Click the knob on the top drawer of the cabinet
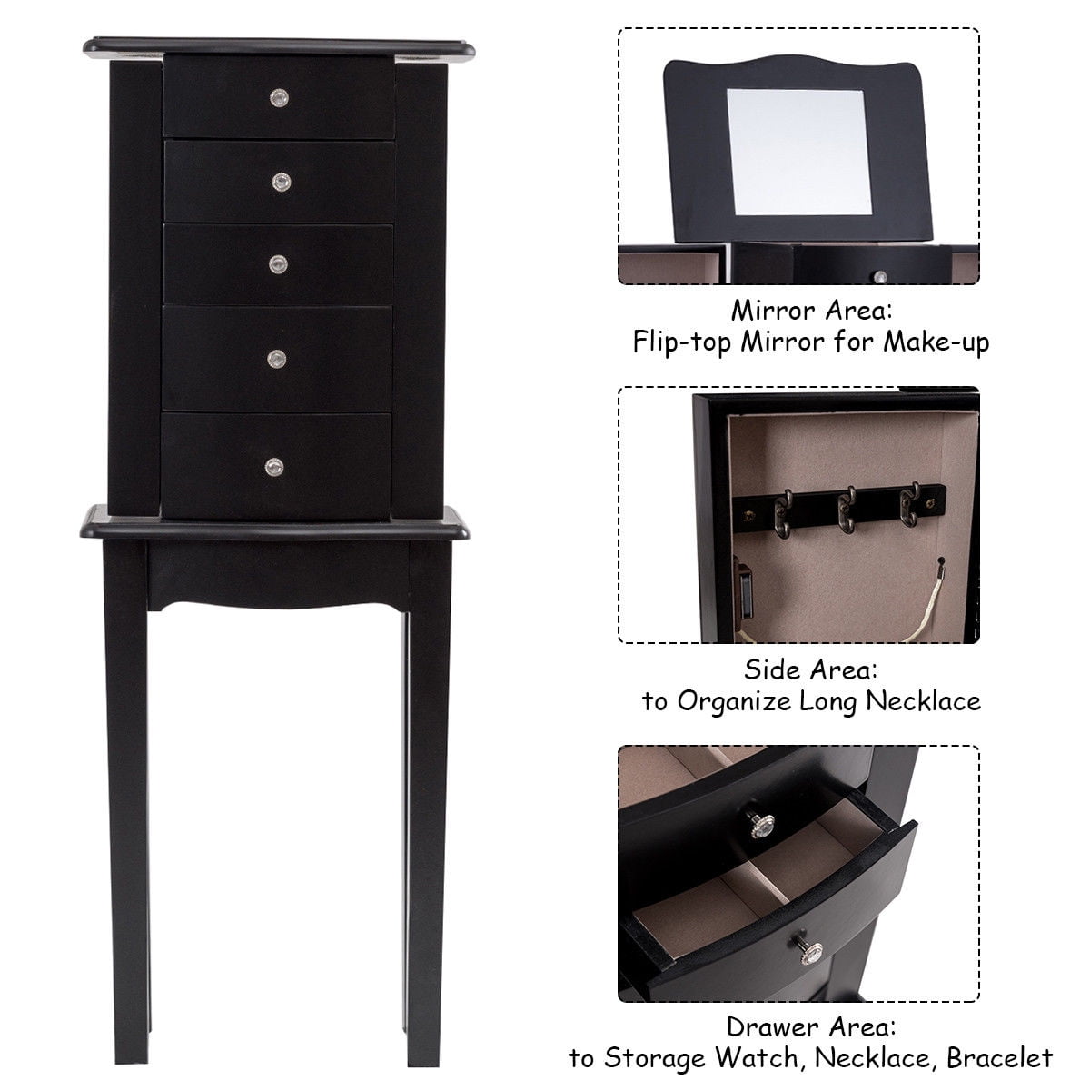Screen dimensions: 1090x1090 [278, 95]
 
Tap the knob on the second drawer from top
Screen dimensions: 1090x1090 [278, 182]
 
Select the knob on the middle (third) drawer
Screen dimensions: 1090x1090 [278, 263]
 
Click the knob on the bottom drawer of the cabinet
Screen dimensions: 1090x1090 [273, 466]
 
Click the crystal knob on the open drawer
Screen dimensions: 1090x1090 [757, 824]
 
